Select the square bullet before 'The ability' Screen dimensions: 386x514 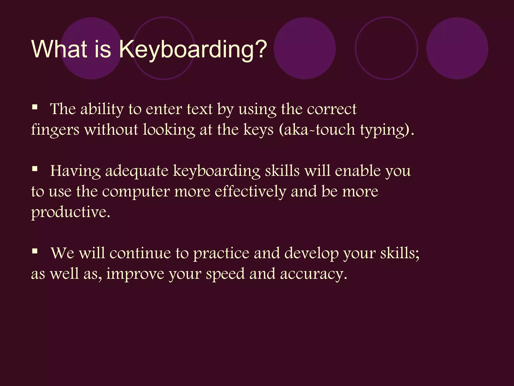[35, 108]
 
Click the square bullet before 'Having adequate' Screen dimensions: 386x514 [35, 169]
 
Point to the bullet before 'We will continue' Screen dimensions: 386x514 [35, 251]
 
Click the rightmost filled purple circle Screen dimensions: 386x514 [457, 48]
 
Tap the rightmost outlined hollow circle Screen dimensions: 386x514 [387, 48]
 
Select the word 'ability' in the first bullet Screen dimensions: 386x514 [102, 110]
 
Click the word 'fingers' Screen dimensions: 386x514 [55, 130]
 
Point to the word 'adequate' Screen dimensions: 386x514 [137, 171]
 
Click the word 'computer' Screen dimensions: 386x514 [136, 192]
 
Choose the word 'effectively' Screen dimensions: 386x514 [250, 191]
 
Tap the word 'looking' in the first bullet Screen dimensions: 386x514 [169, 130]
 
